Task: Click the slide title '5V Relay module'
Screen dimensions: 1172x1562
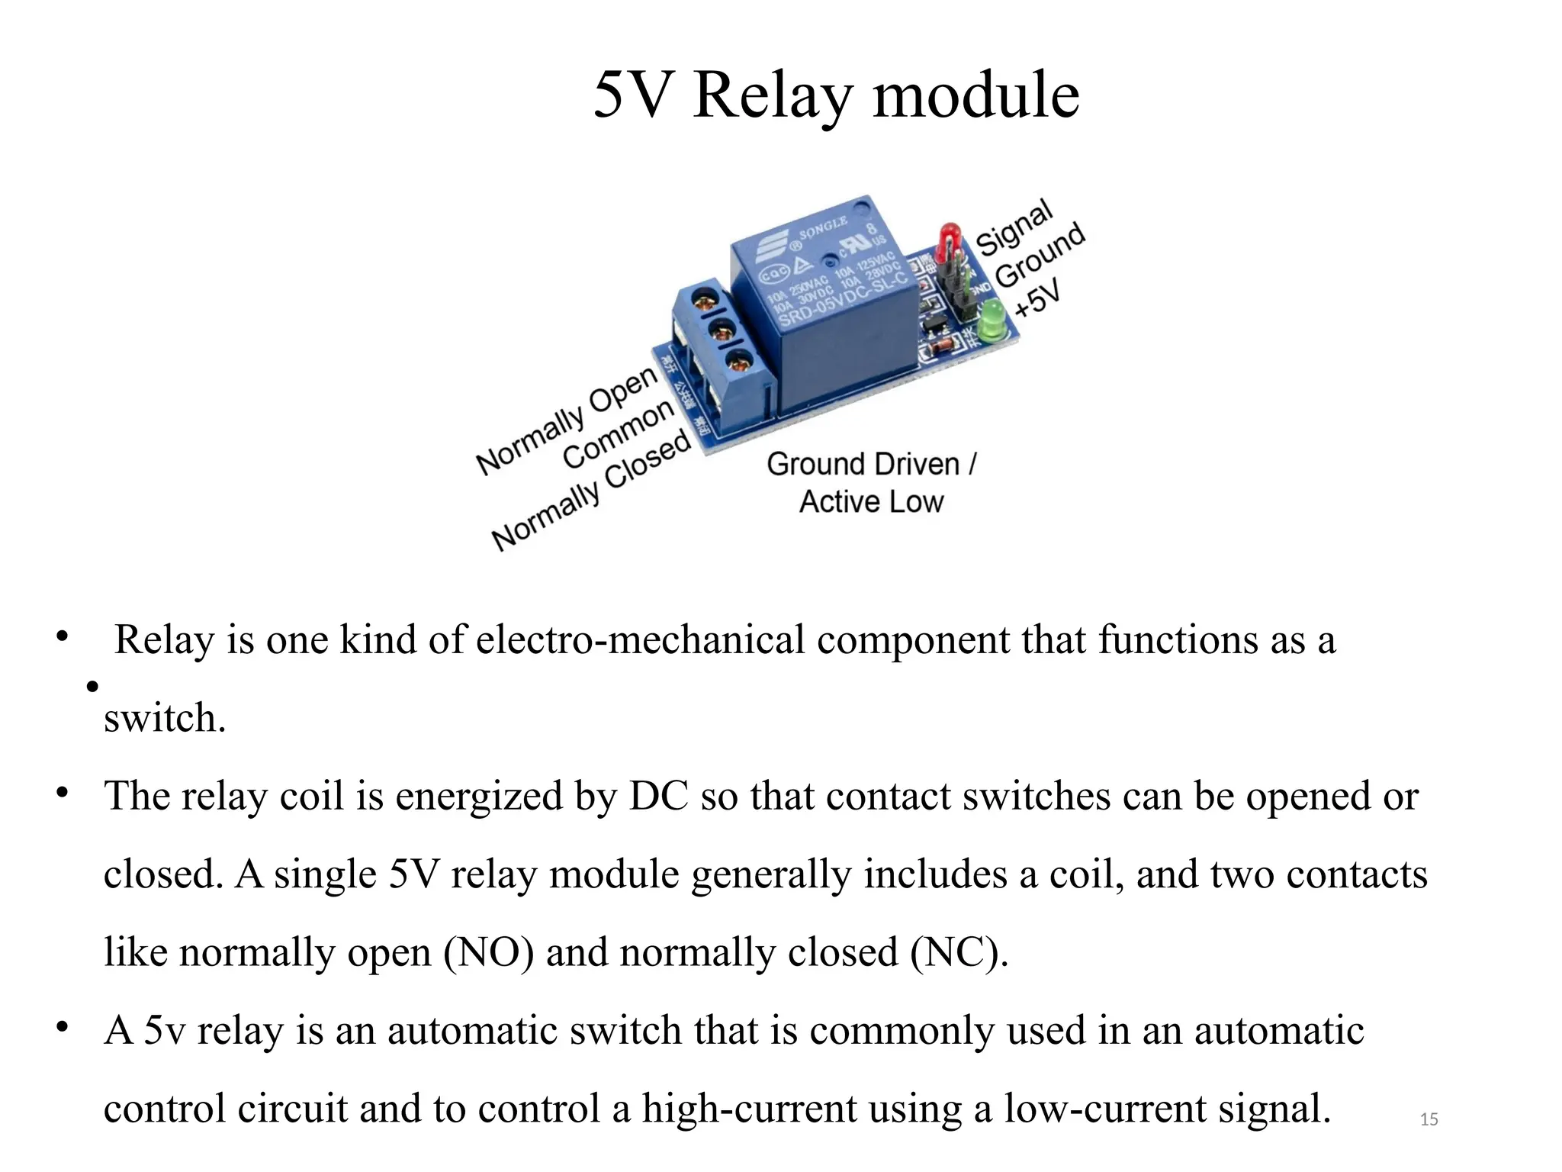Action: (836, 95)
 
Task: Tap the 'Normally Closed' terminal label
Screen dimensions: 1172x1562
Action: (592, 490)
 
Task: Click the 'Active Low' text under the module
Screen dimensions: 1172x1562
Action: (871, 502)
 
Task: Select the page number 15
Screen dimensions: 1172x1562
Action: (1429, 1119)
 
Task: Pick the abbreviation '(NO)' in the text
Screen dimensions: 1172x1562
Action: (488, 952)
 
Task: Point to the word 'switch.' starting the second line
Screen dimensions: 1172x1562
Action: (165, 718)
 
